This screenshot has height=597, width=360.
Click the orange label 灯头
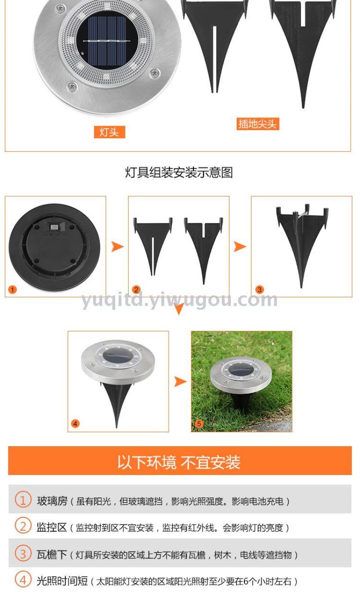click(109, 132)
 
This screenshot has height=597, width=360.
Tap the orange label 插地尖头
click(258, 124)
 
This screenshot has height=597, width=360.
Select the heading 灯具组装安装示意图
click(179, 172)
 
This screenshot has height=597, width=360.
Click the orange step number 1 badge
click(13, 289)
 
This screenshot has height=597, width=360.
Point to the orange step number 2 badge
click(136, 289)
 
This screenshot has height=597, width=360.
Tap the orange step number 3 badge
click(260, 289)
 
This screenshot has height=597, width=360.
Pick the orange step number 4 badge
click(75, 424)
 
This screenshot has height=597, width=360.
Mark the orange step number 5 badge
click(199, 424)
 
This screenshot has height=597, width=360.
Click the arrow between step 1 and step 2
click(117, 247)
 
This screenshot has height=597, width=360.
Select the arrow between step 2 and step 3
click(240, 247)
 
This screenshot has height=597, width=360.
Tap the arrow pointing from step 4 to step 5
click(180, 381)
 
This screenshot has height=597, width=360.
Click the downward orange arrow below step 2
click(179, 308)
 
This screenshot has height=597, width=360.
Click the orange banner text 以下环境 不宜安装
click(179, 462)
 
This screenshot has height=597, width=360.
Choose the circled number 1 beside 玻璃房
click(23, 499)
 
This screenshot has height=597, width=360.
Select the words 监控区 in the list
click(52, 527)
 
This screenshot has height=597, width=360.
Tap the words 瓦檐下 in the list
click(52, 555)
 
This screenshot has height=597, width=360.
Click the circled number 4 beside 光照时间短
click(23, 580)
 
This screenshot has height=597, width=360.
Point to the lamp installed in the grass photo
click(241, 381)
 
